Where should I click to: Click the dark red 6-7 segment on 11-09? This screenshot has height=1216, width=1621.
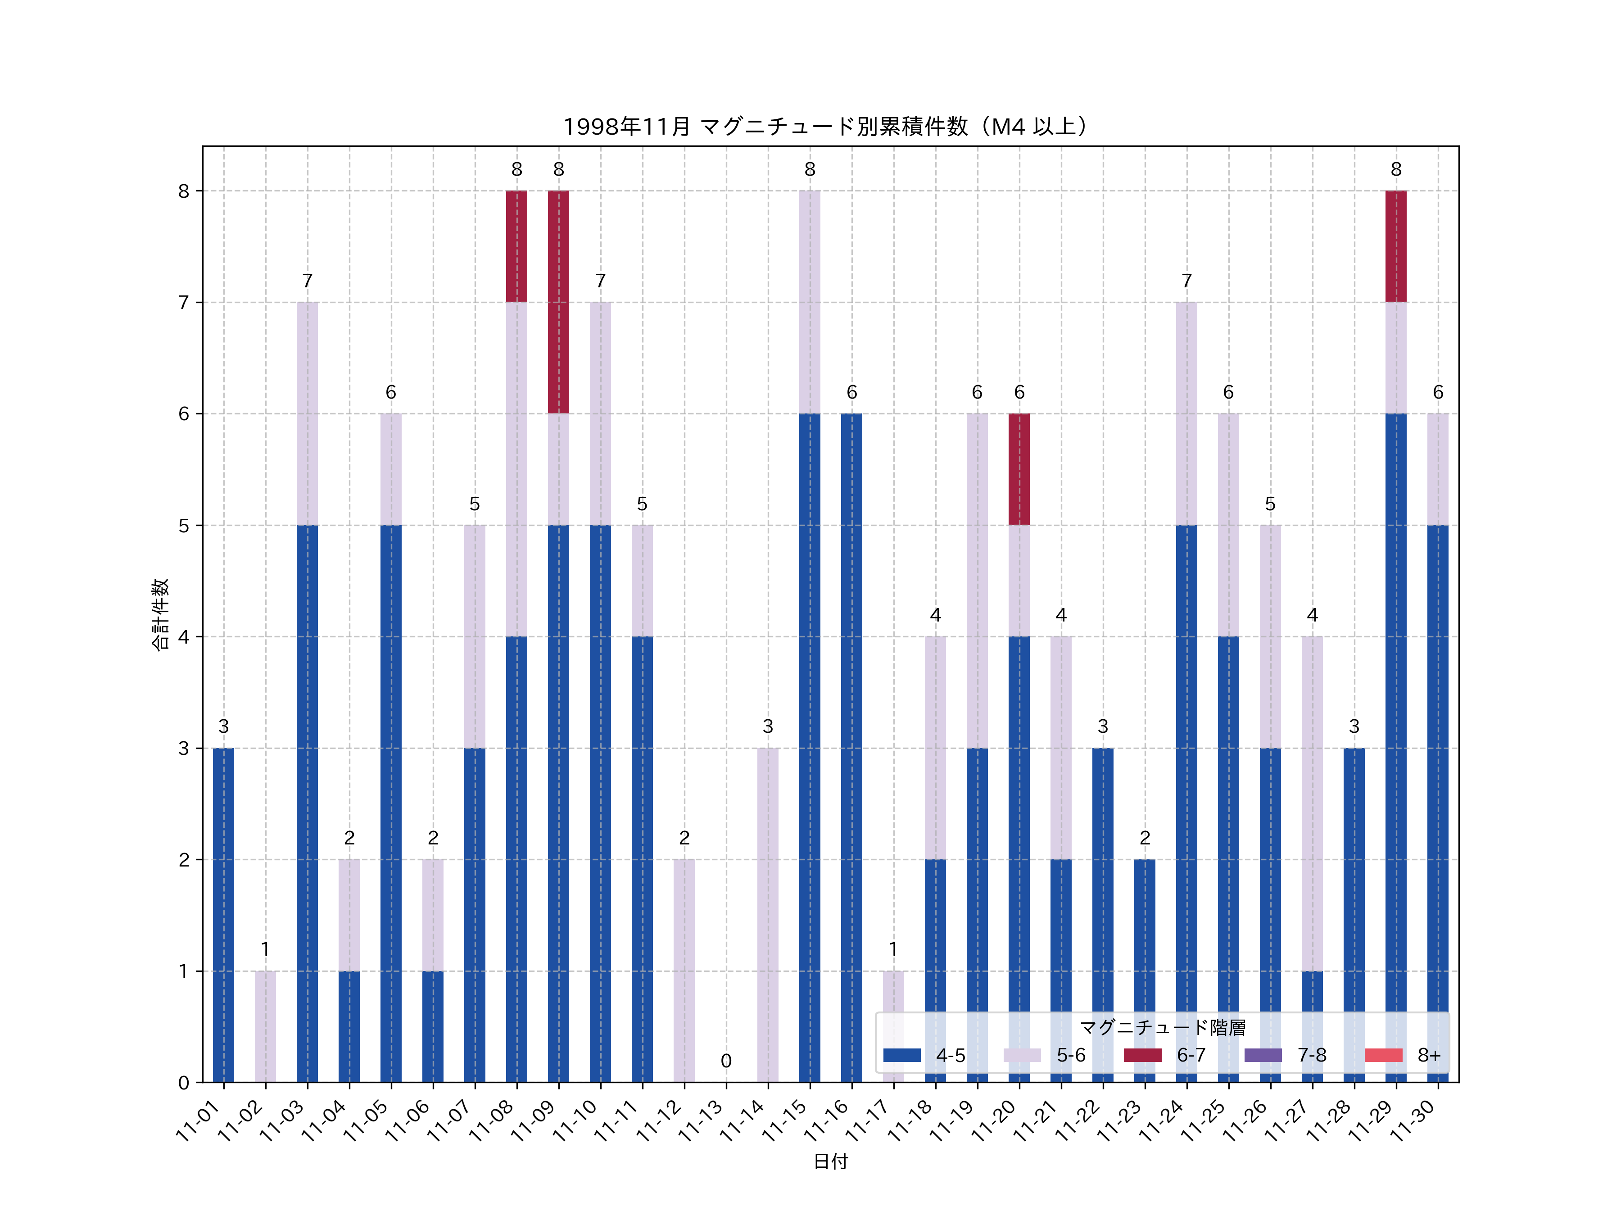[x=558, y=302]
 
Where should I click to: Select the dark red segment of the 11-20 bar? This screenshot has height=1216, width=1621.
[x=1019, y=469]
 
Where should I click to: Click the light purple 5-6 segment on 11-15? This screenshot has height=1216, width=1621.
[x=810, y=302]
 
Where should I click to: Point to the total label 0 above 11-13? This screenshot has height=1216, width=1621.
[x=725, y=1061]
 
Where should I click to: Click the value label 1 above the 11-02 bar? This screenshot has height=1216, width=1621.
[x=265, y=949]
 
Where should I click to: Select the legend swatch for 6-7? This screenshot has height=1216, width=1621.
[x=1142, y=1055]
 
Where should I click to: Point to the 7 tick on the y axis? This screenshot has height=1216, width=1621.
[x=183, y=303]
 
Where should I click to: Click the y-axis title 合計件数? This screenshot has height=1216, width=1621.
[x=160, y=614]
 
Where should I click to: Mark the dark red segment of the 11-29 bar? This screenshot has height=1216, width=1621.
[x=1396, y=246]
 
